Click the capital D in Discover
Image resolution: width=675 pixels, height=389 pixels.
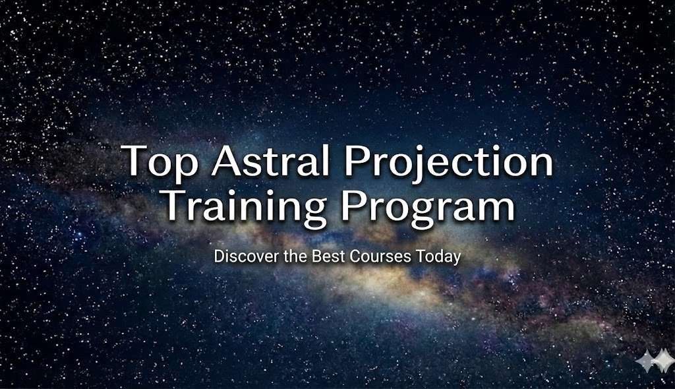[x=219, y=256]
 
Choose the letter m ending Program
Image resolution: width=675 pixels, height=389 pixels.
[x=496, y=209]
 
